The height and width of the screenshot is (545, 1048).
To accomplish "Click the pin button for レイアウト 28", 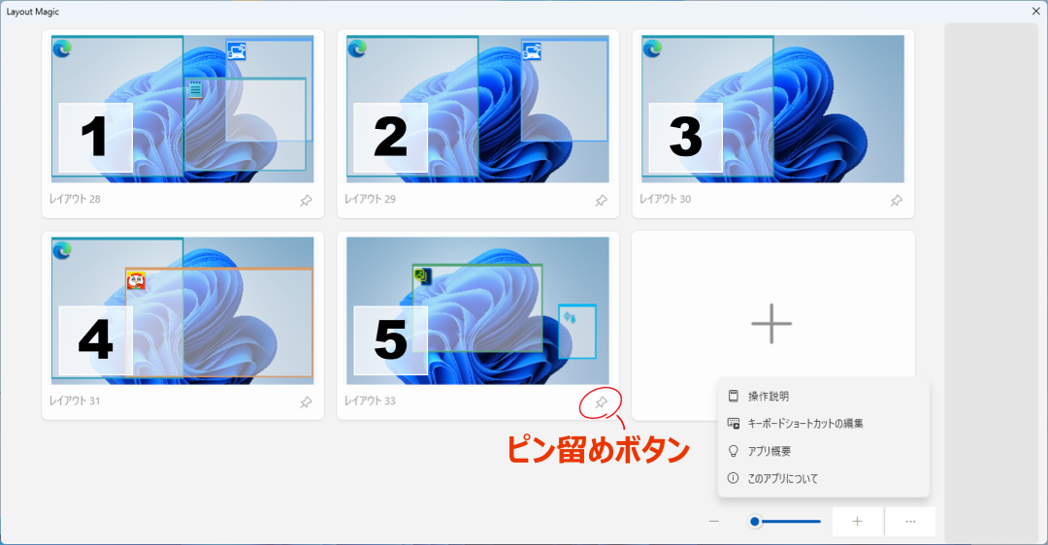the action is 306,201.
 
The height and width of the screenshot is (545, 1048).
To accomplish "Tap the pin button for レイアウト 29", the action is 602,201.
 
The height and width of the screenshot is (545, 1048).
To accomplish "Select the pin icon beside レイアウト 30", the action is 897,201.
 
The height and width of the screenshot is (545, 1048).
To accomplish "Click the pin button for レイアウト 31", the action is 306,402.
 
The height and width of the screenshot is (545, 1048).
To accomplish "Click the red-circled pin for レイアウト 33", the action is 602,402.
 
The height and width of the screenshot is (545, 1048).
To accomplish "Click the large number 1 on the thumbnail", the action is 94,137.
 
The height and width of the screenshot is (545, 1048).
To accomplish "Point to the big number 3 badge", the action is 685,137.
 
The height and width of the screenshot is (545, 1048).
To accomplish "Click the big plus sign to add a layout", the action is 772,324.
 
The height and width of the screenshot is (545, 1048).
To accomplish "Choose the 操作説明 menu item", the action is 769,396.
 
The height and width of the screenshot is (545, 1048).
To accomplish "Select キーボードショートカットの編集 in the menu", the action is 805,424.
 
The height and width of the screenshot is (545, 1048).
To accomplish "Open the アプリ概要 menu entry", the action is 770,452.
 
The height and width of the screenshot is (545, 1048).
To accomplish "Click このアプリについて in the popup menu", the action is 783,479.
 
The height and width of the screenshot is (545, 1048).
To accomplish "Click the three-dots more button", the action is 910,522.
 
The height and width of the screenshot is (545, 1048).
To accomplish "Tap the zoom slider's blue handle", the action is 755,522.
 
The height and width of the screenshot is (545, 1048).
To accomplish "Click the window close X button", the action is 1036,12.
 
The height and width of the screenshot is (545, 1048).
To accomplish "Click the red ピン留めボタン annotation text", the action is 598,450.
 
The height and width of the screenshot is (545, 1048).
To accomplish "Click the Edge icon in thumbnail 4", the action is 62,250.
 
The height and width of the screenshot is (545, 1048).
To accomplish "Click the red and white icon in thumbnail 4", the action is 136,280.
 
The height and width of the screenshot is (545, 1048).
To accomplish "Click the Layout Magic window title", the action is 33,12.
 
